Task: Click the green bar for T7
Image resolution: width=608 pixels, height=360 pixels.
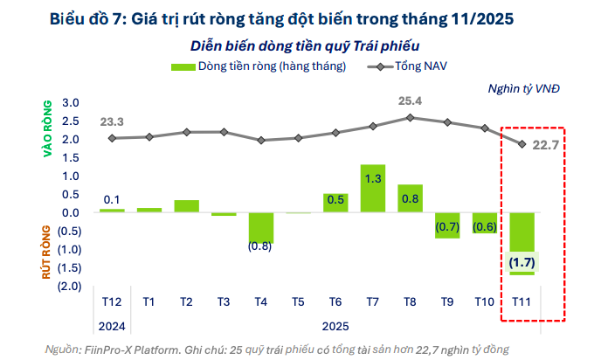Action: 373,188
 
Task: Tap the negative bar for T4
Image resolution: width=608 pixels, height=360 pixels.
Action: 260,227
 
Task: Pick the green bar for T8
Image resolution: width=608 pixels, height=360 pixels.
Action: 410,198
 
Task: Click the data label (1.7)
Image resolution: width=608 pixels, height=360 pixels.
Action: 522,261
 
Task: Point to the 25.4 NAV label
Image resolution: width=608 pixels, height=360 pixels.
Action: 410,100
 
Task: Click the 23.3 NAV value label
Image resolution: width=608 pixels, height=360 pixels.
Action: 111,121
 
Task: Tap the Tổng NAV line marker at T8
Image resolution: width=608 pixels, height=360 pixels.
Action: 410,117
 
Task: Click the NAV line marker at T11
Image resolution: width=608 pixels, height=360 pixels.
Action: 522,143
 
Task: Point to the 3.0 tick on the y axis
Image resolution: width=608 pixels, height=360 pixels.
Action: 71,103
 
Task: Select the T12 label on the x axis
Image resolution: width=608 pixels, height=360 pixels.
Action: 111,301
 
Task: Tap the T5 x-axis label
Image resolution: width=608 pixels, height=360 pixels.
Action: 298,301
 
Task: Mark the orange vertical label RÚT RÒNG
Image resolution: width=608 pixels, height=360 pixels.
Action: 48,250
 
